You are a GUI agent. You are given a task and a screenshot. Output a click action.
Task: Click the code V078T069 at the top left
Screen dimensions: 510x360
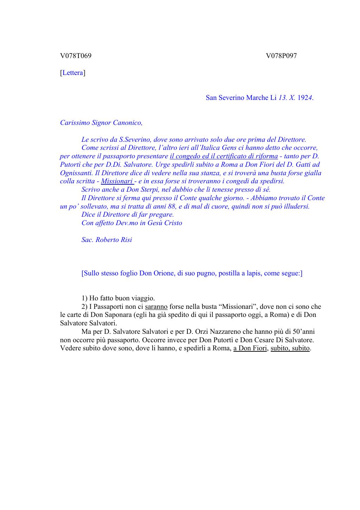[76, 56]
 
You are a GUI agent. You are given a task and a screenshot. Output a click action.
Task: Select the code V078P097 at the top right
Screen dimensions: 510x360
[281, 56]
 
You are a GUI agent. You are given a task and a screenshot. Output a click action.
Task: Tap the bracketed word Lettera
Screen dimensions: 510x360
[73, 73]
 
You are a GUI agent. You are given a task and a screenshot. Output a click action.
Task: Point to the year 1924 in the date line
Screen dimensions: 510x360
[305, 98]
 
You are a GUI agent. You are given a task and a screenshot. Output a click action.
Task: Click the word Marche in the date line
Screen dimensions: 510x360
[258, 98]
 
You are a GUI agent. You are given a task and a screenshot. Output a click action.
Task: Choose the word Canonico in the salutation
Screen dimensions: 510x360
[128, 123]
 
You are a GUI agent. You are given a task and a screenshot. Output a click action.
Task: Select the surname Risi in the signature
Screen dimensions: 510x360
[126, 240]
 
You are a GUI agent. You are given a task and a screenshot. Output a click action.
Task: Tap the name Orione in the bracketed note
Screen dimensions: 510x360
[164, 273]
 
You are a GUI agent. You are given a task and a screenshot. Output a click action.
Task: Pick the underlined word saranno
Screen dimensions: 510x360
[156, 307]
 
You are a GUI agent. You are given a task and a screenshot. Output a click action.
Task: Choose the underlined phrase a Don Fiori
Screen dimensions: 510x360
[250, 349]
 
